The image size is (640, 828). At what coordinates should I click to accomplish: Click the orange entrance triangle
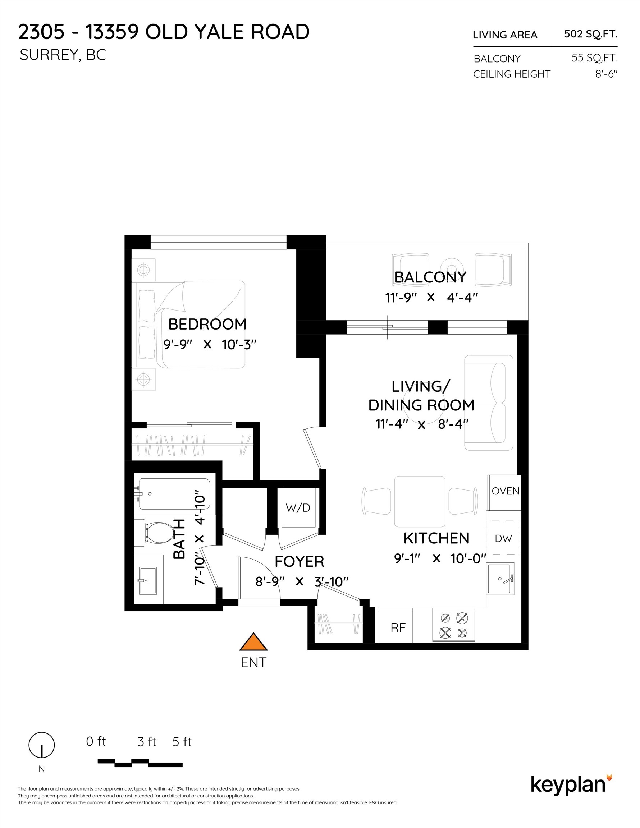(x=253, y=642)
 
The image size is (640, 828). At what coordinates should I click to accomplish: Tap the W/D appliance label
(x=298, y=508)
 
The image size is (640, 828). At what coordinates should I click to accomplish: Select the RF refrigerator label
(x=398, y=628)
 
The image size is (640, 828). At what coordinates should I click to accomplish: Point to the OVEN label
(x=505, y=491)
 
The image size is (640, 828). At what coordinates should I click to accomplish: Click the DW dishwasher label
(x=503, y=538)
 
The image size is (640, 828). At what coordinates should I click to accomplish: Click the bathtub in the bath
(x=174, y=494)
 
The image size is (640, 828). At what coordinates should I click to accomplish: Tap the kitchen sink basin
(x=500, y=579)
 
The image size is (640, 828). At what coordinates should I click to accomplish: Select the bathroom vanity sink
(x=147, y=580)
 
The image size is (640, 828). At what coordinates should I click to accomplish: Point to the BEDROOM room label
(x=207, y=324)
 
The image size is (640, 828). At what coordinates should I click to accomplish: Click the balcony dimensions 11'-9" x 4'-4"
(x=431, y=298)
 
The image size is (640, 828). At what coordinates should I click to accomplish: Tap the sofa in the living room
(x=489, y=402)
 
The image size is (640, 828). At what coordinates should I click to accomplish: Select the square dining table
(x=420, y=502)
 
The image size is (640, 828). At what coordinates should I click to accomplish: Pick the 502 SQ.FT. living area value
(x=591, y=34)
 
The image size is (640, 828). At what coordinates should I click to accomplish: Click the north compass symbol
(x=42, y=745)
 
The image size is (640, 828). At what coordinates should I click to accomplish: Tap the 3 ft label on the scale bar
(x=147, y=741)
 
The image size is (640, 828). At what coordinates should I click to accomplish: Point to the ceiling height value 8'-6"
(x=606, y=74)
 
